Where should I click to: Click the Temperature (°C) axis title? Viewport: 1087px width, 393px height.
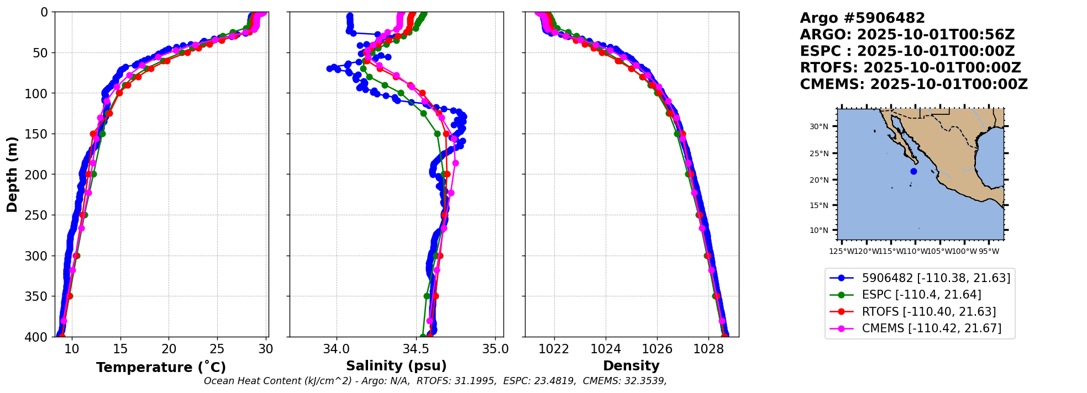[x=161, y=368]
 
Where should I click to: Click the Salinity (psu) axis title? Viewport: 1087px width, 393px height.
[x=396, y=366]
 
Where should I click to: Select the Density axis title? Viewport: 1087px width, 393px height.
[x=631, y=366]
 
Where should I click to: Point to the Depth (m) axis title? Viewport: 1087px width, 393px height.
[x=12, y=174]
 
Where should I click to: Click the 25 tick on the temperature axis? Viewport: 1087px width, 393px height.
[x=218, y=349]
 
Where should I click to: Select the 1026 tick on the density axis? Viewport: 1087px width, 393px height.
[x=657, y=349]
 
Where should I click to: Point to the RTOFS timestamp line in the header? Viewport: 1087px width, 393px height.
[x=910, y=68]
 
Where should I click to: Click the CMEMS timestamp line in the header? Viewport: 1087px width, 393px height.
[x=913, y=84]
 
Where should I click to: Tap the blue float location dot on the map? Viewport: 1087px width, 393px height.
[x=913, y=171]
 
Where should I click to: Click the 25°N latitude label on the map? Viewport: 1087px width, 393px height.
[x=819, y=153]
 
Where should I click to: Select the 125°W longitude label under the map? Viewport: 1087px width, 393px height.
[x=841, y=252]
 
